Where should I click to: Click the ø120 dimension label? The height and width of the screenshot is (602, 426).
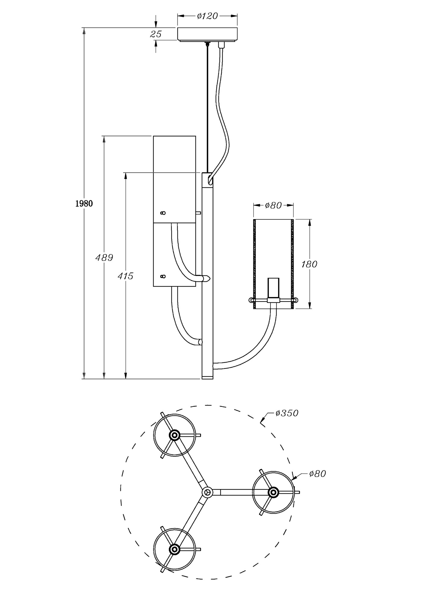pyautogui.click(x=207, y=16)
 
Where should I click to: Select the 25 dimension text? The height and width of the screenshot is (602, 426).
pyautogui.click(x=156, y=34)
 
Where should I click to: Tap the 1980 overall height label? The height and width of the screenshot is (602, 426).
pyautogui.click(x=84, y=204)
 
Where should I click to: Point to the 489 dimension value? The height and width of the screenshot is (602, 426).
pyautogui.click(x=104, y=258)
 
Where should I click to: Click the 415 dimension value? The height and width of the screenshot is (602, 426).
pyautogui.click(x=125, y=276)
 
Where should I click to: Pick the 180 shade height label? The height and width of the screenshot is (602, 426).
pyautogui.click(x=309, y=264)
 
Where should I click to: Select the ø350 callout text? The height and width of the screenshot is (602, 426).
pyautogui.click(x=287, y=413)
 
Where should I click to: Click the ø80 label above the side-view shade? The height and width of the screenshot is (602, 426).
pyautogui.click(x=273, y=205)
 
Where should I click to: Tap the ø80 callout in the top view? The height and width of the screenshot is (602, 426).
pyautogui.click(x=318, y=474)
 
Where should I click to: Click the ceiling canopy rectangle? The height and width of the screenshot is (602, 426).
pyautogui.click(x=207, y=34)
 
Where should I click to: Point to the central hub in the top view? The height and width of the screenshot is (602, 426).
pyautogui.click(x=207, y=492)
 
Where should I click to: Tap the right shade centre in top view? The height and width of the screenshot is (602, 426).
pyautogui.click(x=273, y=492)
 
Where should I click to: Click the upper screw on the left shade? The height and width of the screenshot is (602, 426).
pyautogui.click(x=163, y=213)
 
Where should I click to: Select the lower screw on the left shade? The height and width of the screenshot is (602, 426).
pyautogui.click(x=163, y=276)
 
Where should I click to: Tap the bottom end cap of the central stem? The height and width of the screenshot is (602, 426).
pyautogui.click(x=207, y=377)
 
